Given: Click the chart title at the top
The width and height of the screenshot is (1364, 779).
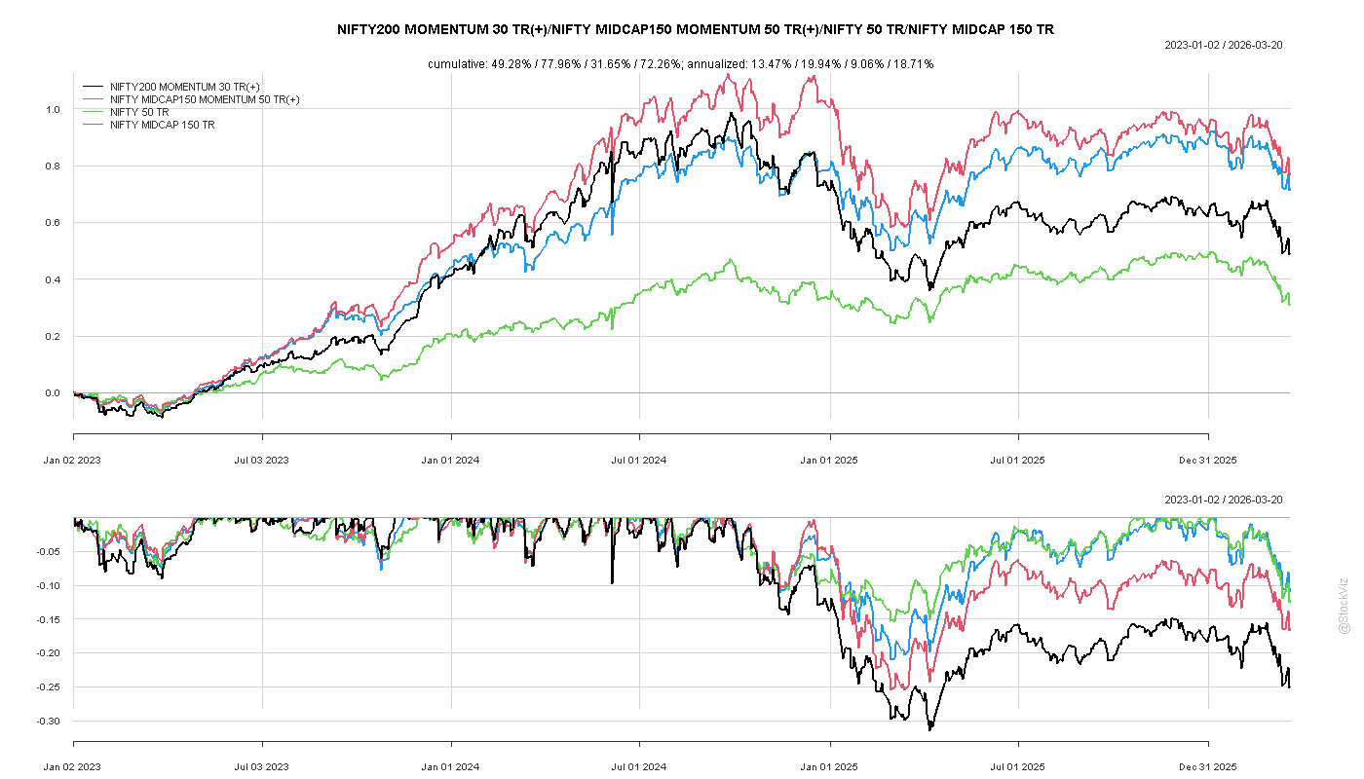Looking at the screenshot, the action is pyautogui.click(x=696, y=29).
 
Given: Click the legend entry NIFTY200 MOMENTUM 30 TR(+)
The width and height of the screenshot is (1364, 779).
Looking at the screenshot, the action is pyautogui.click(x=184, y=87).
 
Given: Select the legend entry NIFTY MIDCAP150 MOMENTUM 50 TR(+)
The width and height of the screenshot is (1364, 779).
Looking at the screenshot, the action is pyautogui.click(x=205, y=99).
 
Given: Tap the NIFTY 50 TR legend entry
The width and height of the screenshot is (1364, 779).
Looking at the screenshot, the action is pyautogui.click(x=139, y=113).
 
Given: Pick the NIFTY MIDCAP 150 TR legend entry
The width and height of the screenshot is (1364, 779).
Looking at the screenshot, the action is pyautogui.click(x=162, y=126).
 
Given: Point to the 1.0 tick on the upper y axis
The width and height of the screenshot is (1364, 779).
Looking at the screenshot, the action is pyautogui.click(x=53, y=109).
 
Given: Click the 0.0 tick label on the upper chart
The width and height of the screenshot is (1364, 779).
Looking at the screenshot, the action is pyautogui.click(x=53, y=393).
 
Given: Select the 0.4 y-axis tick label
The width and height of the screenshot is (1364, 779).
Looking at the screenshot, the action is pyautogui.click(x=53, y=280).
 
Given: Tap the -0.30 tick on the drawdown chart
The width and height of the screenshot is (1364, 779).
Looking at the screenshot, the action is pyautogui.click(x=49, y=722).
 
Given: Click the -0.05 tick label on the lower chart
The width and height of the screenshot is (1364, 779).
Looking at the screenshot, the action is pyautogui.click(x=49, y=552).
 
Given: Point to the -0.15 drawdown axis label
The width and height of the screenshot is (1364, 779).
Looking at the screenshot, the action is pyautogui.click(x=49, y=619).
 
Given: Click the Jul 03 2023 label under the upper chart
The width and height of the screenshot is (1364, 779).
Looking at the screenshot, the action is pyautogui.click(x=262, y=460).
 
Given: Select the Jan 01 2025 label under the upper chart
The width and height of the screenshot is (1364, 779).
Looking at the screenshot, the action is pyautogui.click(x=829, y=460).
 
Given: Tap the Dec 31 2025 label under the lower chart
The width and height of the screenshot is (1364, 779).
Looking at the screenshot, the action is pyautogui.click(x=1208, y=767).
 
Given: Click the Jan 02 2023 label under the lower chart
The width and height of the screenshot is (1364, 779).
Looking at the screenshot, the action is pyautogui.click(x=72, y=767).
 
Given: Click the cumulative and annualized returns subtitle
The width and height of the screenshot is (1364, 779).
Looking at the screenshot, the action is pyautogui.click(x=681, y=64).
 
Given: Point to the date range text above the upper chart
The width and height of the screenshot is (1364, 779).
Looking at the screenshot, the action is pyautogui.click(x=1224, y=45).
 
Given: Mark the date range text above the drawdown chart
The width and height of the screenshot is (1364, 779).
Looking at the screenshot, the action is pyautogui.click(x=1224, y=500).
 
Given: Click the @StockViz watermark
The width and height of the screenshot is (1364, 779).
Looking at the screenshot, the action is pyautogui.click(x=1344, y=606).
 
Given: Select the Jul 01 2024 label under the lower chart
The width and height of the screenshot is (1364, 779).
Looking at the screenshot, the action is pyautogui.click(x=639, y=767).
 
